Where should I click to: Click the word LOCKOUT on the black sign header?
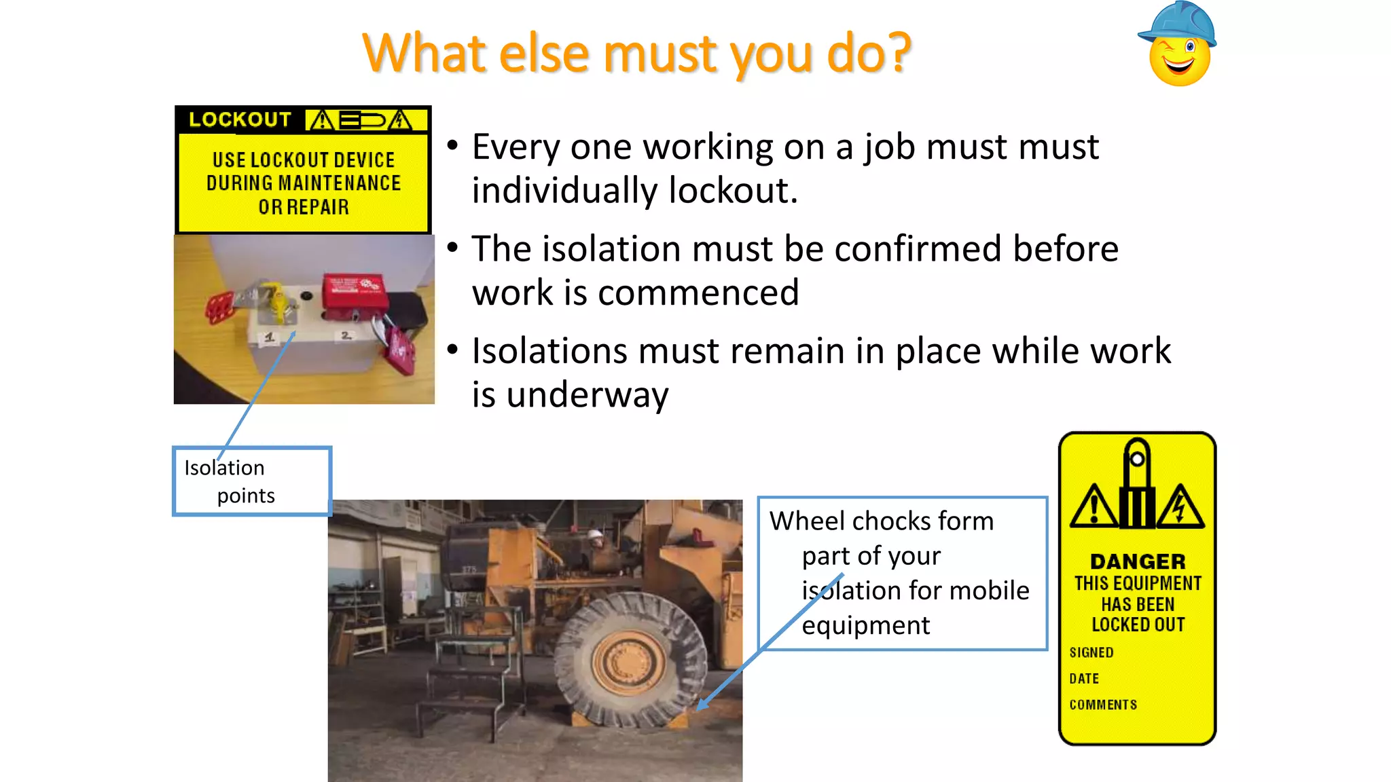(x=240, y=120)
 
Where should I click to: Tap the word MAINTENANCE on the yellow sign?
(x=340, y=183)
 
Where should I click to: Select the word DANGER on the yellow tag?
(x=1138, y=561)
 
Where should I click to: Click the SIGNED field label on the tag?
(x=1091, y=652)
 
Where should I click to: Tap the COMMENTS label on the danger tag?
(x=1103, y=705)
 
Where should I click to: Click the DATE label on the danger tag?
(x=1084, y=679)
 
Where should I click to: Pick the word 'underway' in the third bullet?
(x=588, y=395)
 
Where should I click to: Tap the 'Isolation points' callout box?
(x=252, y=481)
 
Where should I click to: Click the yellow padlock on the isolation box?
(x=276, y=302)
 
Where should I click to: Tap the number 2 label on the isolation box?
(x=346, y=335)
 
